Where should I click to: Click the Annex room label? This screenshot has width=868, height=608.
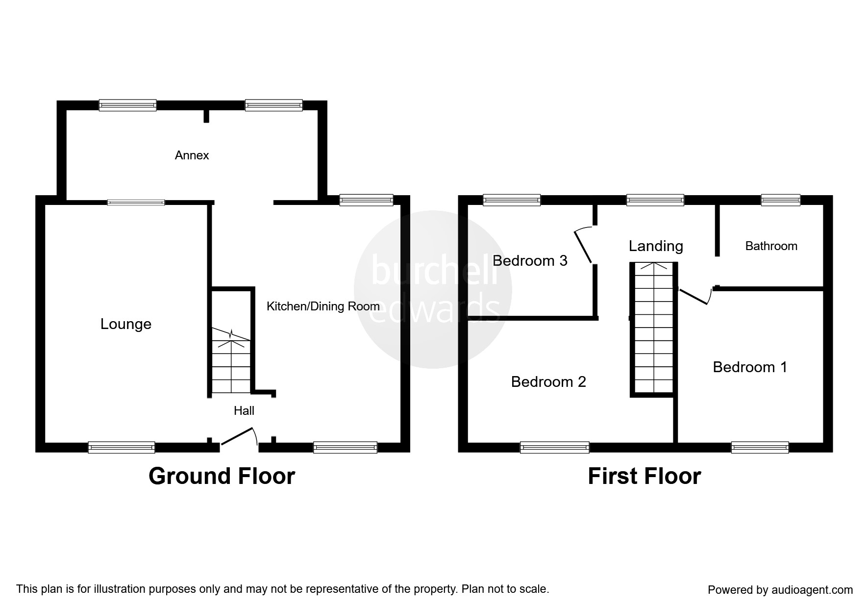point(192,155)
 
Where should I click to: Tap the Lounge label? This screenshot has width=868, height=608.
point(125,324)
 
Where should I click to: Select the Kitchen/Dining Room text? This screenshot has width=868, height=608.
point(323,306)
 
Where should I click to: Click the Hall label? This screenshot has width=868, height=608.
point(244,411)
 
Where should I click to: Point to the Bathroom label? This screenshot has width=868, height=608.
point(771,246)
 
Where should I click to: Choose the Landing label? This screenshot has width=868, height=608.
point(656,246)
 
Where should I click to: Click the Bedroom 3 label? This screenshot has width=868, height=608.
point(530,261)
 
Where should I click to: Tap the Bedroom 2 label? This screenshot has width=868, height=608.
point(548,382)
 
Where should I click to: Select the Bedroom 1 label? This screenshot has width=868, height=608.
point(750,367)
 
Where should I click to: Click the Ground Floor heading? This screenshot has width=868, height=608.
point(222,476)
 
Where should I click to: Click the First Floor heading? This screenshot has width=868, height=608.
point(644,476)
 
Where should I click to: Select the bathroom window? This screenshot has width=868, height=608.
point(780,200)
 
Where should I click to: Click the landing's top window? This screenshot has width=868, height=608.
point(655,200)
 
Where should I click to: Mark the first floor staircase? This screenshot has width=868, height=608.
point(654,329)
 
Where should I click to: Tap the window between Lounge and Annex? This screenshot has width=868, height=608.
point(136,202)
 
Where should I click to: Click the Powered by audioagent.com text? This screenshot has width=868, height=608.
point(780,590)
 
